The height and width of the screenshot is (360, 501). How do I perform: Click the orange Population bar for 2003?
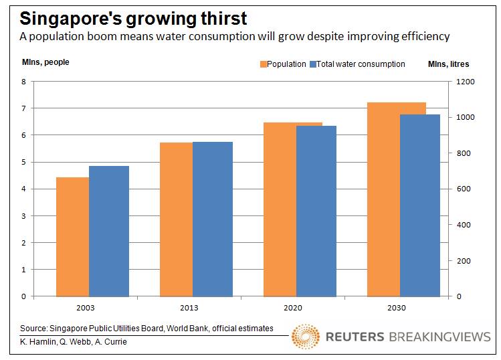[x=72, y=236]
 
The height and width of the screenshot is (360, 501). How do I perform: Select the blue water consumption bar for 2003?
[x=108, y=231]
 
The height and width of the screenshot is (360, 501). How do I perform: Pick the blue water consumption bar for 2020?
[x=316, y=211]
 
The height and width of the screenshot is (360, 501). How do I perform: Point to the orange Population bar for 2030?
[x=383, y=199]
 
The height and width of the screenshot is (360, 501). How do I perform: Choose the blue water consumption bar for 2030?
[x=420, y=205]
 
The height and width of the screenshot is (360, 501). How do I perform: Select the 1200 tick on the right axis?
[x=465, y=82]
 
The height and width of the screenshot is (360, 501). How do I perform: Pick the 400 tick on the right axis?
[x=463, y=225]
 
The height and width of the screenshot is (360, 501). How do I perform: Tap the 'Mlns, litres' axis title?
[x=448, y=64]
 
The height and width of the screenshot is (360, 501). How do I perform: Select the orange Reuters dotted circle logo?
[x=306, y=337]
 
